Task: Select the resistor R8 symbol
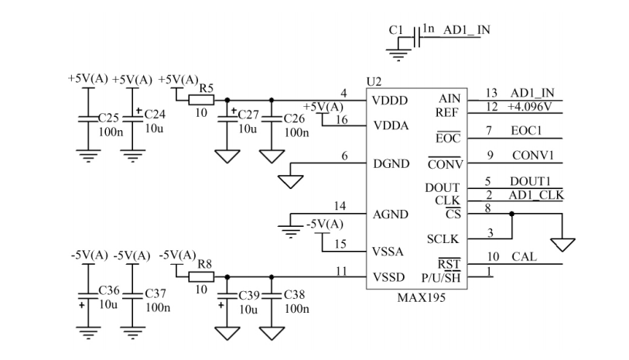202,276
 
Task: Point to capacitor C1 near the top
419,37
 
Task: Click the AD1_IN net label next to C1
467,30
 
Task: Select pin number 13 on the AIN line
490,93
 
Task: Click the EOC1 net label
526,131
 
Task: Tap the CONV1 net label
532,155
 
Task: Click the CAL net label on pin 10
520,256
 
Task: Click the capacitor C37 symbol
135,294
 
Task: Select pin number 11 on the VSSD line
341,270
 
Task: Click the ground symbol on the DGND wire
292,181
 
